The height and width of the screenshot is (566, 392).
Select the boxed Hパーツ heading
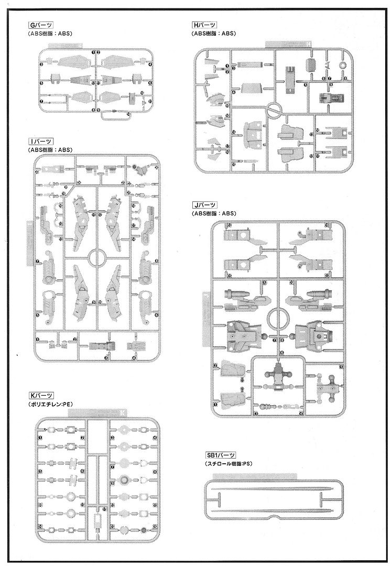click(204, 25)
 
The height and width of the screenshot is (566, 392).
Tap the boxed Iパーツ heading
click(40, 141)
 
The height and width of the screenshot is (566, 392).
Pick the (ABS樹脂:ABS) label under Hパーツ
click(214, 34)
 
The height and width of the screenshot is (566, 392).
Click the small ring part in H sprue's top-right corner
click(344, 66)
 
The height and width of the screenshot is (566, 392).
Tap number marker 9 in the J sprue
click(264, 283)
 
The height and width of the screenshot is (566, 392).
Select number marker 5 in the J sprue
click(341, 367)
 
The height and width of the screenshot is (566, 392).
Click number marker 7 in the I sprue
click(38, 261)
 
